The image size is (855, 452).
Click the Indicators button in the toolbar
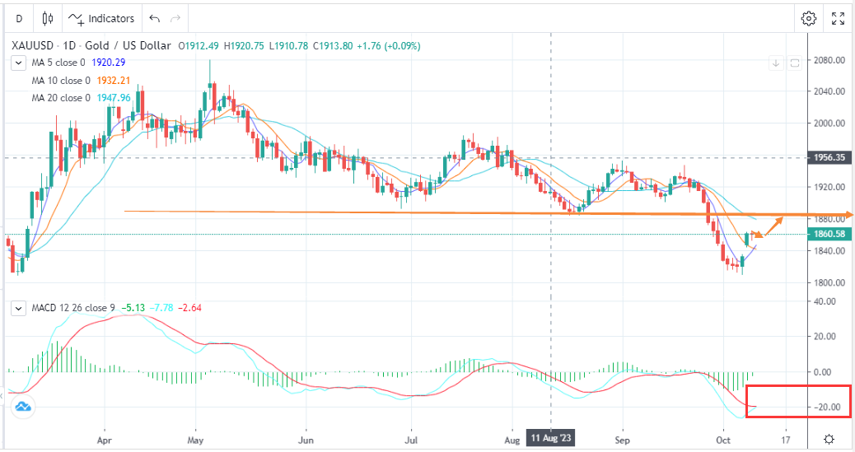[102, 18]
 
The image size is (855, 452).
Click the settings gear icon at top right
[809, 18]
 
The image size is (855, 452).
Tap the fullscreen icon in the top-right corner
[838, 18]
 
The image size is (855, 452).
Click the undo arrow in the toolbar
[154, 18]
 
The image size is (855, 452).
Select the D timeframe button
[18, 18]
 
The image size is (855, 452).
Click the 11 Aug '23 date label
[550, 439]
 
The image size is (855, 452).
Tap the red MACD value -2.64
[191, 309]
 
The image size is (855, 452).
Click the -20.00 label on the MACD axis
[829, 408]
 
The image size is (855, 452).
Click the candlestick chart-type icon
[48, 18]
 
